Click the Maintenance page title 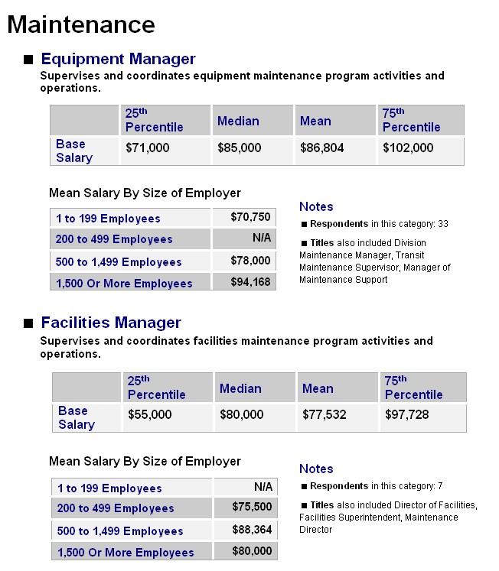click(x=81, y=24)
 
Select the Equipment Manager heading click(x=118, y=59)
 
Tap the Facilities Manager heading click(x=111, y=323)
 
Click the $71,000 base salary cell click(x=147, y=148)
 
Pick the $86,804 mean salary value click(x=322, y=148)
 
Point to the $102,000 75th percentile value click(x=408, y=148)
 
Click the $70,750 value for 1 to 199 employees click(x=250, y=217)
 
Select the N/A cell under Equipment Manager click(x=262, y=238)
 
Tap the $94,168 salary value click(x=250, y=282)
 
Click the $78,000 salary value click(x=250, y=261)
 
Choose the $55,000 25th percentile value click(x=149, y=414)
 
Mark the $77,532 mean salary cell click(x=324, y=414)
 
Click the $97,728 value click(x=407, y=414)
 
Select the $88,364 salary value click(x=252, y=530)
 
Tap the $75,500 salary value click(x=252, y=507)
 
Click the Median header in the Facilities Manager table click(x=240, y=388)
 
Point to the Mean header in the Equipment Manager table click(x=315, y=121)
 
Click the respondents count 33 click(x=443, y=224)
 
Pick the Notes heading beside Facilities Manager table click(x=316, y=469)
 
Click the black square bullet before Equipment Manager click(x=28, y=60)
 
